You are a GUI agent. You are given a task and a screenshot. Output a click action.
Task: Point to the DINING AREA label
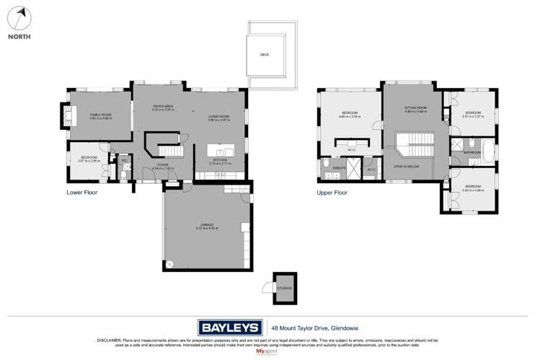163,107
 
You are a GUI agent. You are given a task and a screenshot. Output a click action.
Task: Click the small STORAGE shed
284,286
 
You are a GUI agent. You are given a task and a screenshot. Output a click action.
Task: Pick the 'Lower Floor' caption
81,193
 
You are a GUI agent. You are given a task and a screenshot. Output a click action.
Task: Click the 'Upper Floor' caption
332,193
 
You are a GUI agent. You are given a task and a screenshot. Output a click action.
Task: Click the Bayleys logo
229,325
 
